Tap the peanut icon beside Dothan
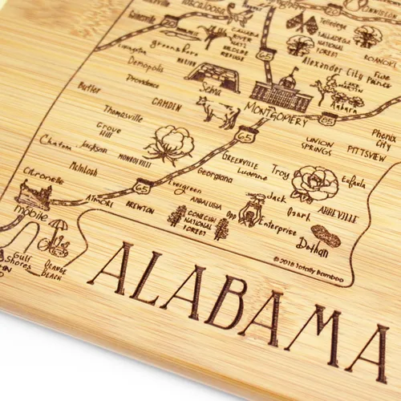point(330,237)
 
